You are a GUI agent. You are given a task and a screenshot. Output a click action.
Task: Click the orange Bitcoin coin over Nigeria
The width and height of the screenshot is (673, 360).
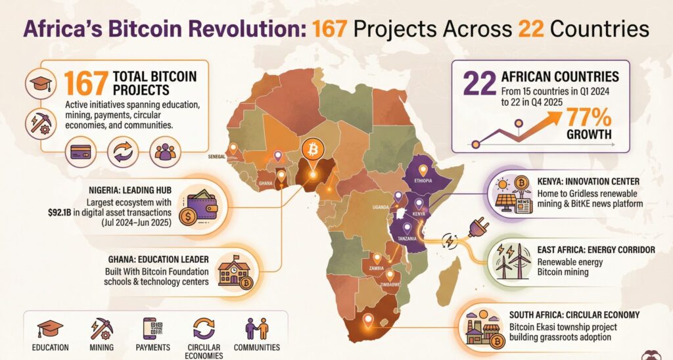click(x=312, y=150)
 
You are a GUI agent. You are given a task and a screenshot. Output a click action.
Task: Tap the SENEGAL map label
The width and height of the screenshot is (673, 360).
click(x=216, y=156)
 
